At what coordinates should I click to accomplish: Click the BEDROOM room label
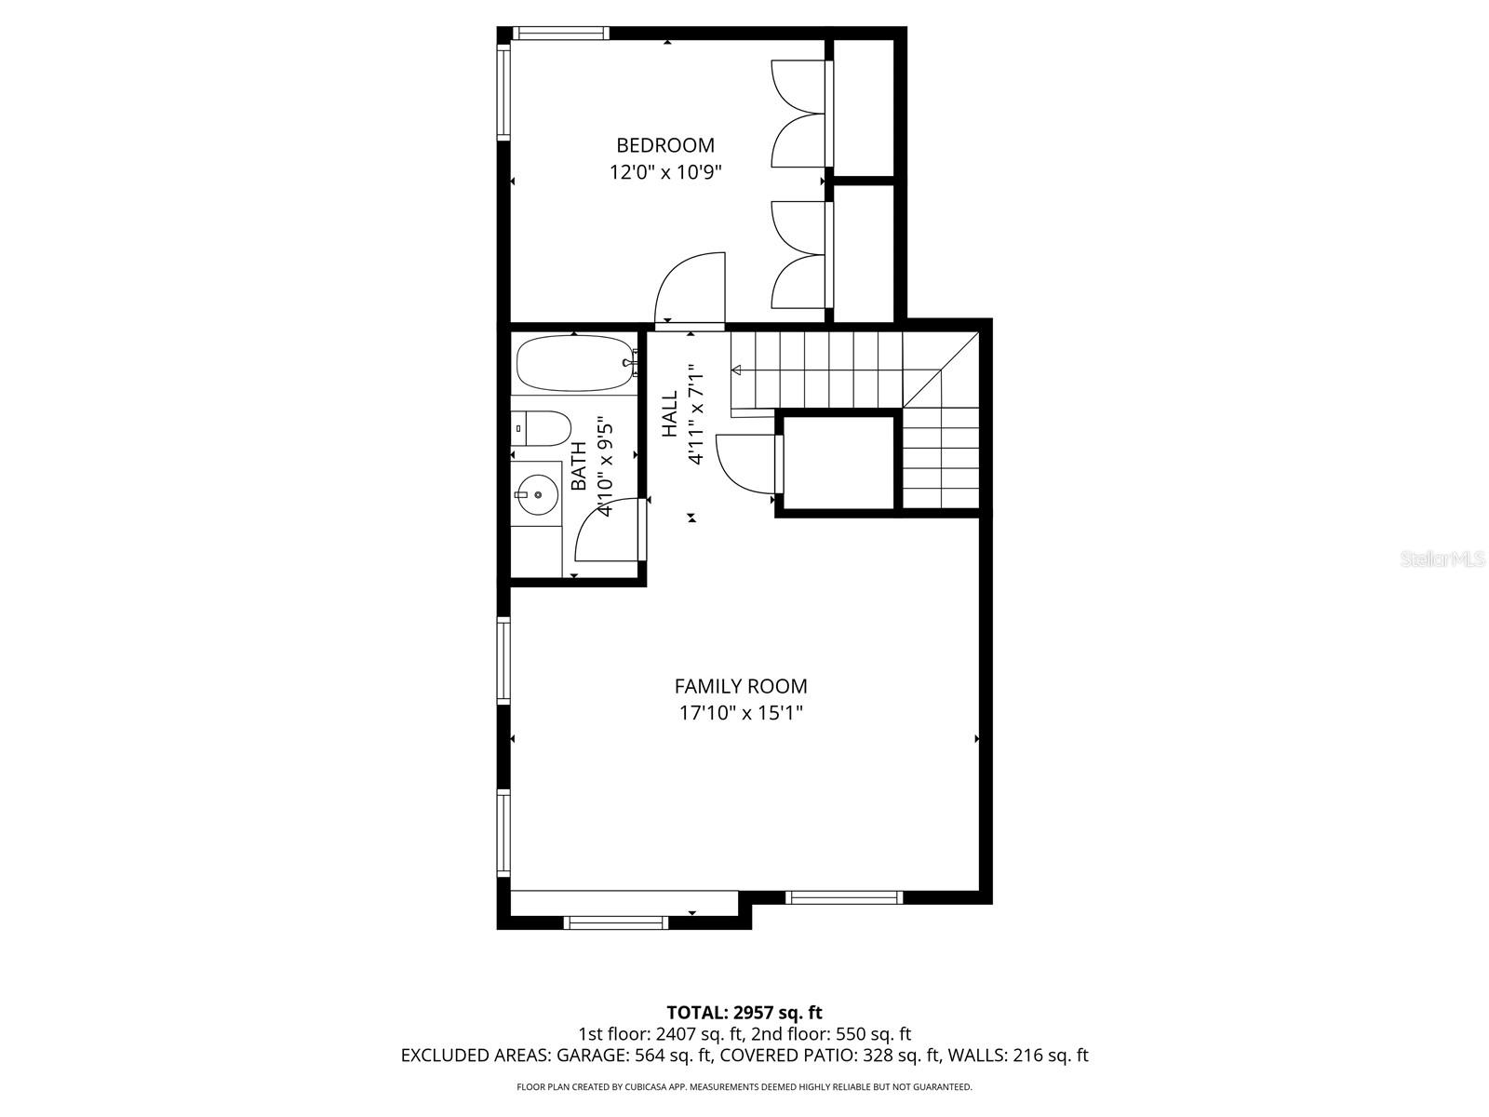[x=665, y=145]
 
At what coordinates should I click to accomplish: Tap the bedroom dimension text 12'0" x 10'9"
[x=665, y=172]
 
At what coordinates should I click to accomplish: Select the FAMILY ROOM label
[x=741, y=686]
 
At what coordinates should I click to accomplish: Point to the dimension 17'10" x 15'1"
[x=741, y=714]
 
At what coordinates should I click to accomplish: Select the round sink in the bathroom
[x=537, y=494]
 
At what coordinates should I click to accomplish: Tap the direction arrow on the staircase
[x=737, y=370]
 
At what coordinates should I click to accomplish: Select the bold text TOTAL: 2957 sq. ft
[x=744, y=1012]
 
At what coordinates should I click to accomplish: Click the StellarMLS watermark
[x=1442, y=559]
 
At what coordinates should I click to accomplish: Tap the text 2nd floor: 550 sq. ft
[x=831, y=1034]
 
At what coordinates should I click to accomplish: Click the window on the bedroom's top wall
[x=562, y=34]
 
